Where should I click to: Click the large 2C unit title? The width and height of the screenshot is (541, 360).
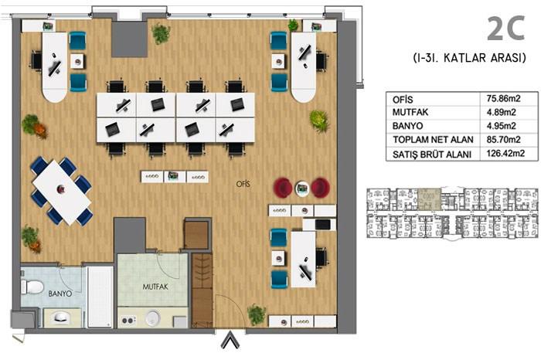(506, 29)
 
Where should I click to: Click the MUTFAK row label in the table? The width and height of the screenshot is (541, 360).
(409, 112)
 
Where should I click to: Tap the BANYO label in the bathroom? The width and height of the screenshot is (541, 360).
(60, 294)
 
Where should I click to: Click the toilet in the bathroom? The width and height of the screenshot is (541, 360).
(32, 287)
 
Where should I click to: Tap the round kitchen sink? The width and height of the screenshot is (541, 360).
(154, 318)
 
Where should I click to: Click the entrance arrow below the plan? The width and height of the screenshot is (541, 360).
(230, 340)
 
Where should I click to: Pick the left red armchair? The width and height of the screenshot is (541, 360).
(284, 187)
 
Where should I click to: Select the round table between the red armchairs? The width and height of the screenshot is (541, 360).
(302, 187)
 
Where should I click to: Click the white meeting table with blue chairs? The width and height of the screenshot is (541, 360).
(61, 191)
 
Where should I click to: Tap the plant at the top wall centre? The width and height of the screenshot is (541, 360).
(161, 33)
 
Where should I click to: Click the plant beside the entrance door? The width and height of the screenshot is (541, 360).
(256, 314)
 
